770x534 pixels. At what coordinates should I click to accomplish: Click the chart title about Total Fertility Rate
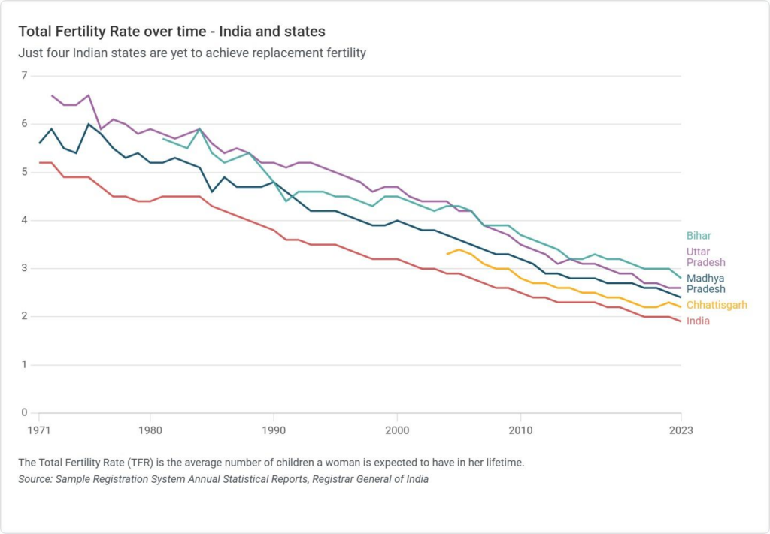pos(171,32)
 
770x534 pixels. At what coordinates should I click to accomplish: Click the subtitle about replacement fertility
pos(192,53)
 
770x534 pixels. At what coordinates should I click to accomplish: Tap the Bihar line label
pos(699,236)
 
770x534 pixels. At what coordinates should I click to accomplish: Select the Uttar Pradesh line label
pos(705,257)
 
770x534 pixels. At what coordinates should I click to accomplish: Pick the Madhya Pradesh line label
pos(705,284)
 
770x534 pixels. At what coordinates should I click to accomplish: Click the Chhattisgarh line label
pos(717,306)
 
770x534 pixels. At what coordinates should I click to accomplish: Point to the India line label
pos(698,321)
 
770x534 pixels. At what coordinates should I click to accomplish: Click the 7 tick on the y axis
pos(24,76)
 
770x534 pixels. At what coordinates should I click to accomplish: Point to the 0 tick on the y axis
pos(24,413)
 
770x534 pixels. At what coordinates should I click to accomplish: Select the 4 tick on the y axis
pos(24,220)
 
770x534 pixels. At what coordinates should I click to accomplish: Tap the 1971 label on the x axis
pos(38,430)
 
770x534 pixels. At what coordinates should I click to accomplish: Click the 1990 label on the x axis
pos(273,430)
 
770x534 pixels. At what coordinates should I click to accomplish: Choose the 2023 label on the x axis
pos(680,430)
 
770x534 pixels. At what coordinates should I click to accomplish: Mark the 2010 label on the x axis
pos(520,430)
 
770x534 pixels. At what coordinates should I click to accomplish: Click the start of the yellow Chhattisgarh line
pos(447,254)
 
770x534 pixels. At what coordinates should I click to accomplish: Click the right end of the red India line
pos(681,321)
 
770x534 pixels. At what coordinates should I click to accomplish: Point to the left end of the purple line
pos(51,95)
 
